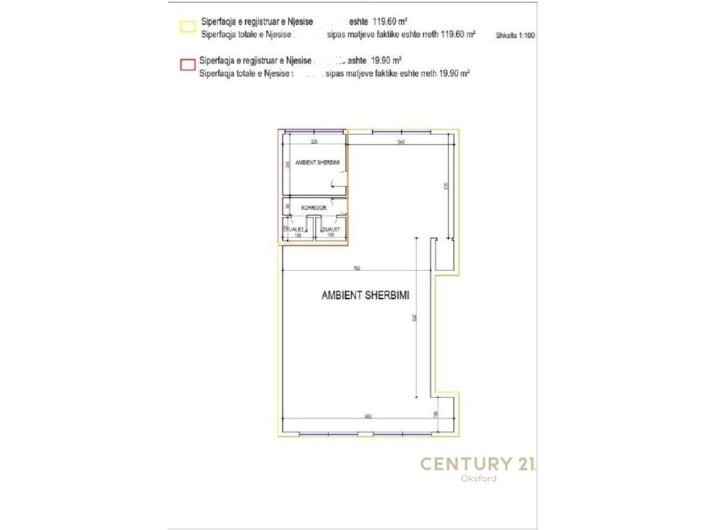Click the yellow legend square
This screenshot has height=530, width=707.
coord(186,26)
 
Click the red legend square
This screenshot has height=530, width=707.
coord(186,65)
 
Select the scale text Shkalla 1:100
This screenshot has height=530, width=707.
coord(516,33)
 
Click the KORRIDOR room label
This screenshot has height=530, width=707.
coord(304,207)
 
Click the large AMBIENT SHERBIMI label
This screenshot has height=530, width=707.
coord(366,295)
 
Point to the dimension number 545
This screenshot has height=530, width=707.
coord(400,142)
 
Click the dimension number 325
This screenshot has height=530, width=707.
coord(314,142)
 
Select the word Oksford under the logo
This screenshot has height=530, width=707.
coord(478,478)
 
